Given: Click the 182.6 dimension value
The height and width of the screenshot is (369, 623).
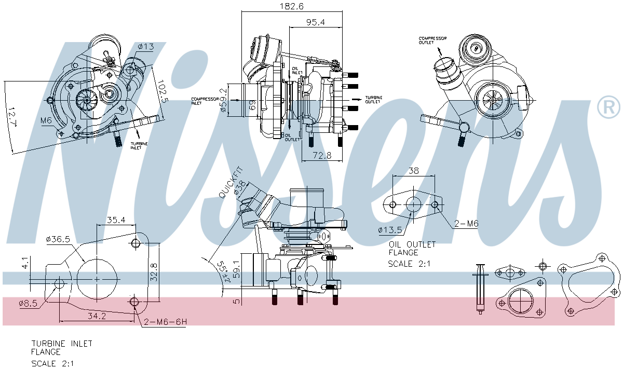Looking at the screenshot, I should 291,6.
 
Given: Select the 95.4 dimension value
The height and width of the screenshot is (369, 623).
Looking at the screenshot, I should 315,22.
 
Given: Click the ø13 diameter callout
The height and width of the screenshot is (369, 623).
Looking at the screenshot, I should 146,47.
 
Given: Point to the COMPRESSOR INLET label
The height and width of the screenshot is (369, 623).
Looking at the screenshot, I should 203,101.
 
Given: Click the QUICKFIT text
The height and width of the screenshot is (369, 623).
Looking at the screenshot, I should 231,183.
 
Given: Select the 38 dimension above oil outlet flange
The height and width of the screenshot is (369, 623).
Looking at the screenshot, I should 413,171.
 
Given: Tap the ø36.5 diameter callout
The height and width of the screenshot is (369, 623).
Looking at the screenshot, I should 58,239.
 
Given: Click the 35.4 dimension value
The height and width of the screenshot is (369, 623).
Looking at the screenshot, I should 116,220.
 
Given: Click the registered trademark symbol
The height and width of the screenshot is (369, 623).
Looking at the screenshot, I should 608,107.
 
